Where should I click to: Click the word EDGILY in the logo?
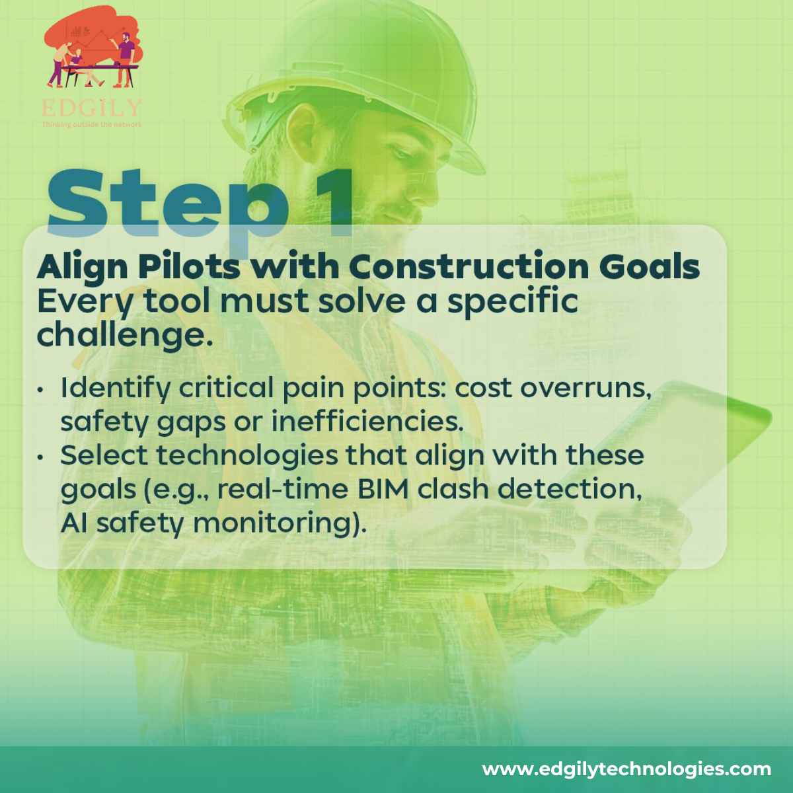(x=92, y=108)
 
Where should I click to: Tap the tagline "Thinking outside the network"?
(x=92, y=124)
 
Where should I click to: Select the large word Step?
(x=167, y=207)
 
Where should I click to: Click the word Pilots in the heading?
(x=189, y=267)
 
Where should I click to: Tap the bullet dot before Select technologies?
(x=40, y=457)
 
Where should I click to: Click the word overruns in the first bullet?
(x=586, y=389)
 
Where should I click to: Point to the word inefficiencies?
(x=367, y=422)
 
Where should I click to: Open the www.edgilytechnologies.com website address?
(x=626, y=769)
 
